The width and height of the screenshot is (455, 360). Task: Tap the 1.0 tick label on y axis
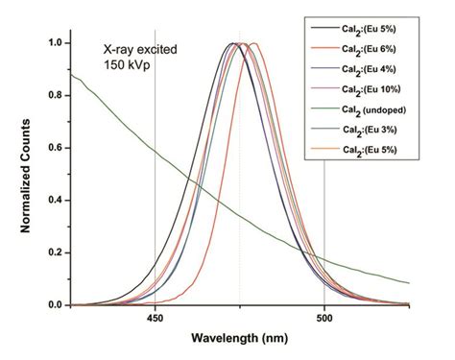[x=57, y=43]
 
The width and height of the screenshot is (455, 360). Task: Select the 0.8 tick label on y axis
[x=57, y=96]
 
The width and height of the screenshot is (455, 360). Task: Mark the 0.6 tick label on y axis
[x=57, y=148]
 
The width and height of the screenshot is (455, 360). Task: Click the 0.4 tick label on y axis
[x=57, y=201]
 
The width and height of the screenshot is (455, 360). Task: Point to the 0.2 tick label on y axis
[x=57, y=252]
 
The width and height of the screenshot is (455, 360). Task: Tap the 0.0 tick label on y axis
[x=57, y=305]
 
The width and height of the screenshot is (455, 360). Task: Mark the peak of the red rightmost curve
[x=253, y=44]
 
